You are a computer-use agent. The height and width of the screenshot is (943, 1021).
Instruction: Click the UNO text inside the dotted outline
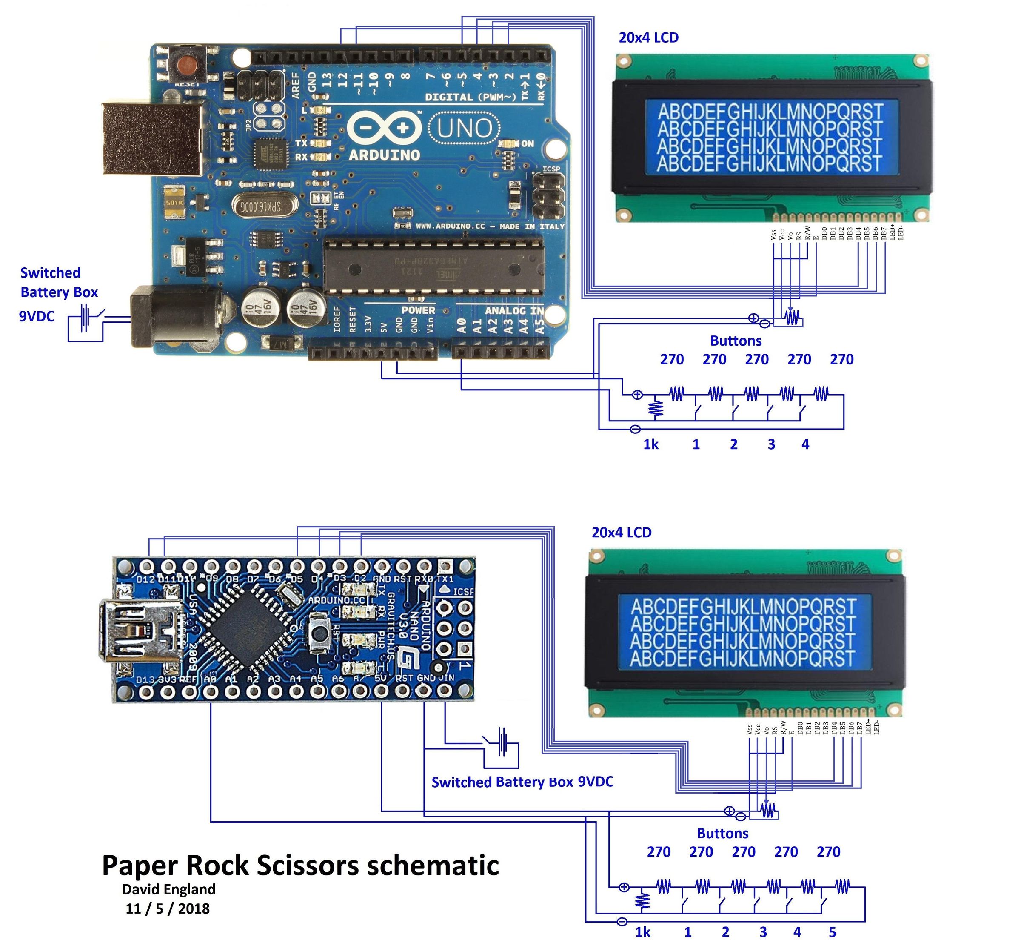pos(464,128)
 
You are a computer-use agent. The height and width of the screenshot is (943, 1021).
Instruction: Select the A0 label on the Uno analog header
pos(462,325)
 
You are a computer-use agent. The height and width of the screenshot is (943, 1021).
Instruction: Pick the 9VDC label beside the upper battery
pos(37,316)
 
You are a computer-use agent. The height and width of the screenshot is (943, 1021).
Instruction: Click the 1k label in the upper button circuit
pos(651,444)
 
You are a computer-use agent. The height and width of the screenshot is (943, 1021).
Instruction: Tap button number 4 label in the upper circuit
pos(805,444)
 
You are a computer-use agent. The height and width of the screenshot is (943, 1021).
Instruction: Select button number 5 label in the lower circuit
pos(832,932)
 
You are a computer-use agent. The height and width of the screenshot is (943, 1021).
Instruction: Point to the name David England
pos(169,889)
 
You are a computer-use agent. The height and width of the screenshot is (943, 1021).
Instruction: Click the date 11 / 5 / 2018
pos(168,908)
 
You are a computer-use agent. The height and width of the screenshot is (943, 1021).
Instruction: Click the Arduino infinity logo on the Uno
pos(385,128)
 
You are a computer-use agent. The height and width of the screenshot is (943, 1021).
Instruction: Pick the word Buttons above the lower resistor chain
pos(723,833)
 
